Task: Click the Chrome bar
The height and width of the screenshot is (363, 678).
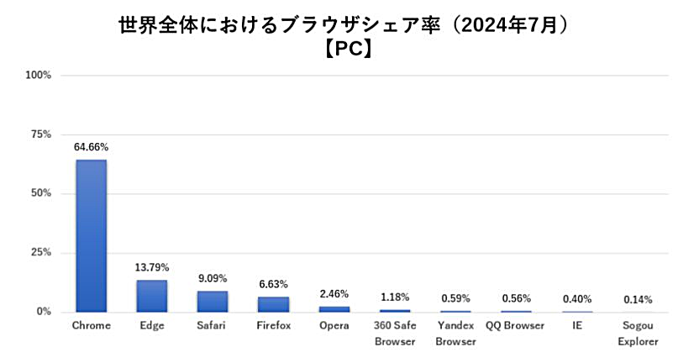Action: coord(91,235)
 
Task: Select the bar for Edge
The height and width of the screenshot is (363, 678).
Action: coord(151,296)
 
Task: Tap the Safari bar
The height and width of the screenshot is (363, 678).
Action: coord(212,301)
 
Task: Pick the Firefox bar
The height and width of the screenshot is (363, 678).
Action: coord(273,304)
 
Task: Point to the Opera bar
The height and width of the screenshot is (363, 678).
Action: coord(334,309)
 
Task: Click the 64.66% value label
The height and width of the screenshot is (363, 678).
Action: coord(91,147)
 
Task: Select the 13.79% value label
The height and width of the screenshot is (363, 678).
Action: coord(151,267)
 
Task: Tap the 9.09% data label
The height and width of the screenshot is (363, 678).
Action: coord(212,278)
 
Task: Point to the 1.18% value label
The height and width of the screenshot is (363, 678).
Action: coord(395,297)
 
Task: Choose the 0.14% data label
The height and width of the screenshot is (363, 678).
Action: coord(638,299)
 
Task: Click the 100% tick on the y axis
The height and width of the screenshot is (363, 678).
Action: coord(39,76)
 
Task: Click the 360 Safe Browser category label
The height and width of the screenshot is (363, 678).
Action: coord(395,333)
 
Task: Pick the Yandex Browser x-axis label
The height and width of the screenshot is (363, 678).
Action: coord(455,333)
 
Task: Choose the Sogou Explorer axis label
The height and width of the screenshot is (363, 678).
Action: coord(638,333)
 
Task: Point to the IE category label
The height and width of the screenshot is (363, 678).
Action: coord(577,325)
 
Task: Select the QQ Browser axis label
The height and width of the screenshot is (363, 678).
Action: coord(516,325)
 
